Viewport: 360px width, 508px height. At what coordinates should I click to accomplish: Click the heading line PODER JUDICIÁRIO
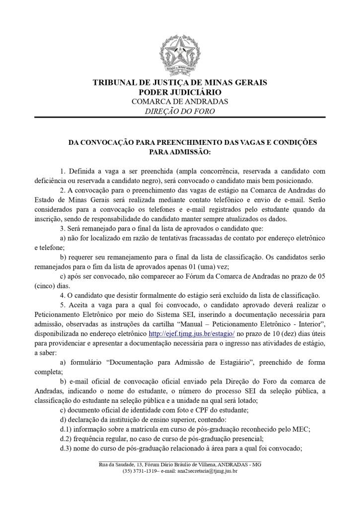click(x=180, y=92)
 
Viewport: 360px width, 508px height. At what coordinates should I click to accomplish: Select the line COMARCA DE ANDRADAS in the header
click(x=180, y=101)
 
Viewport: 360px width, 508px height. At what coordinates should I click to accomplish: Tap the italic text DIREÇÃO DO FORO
click(x=180, y=111)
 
